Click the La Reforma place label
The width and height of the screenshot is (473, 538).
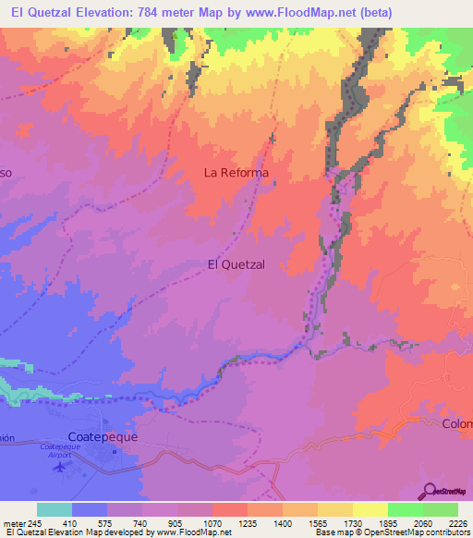coord(236,173)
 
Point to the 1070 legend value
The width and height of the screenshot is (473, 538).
coord(212,522)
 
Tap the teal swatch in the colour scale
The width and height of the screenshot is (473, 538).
coord(55,509)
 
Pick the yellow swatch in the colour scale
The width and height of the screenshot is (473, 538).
coord(370,509)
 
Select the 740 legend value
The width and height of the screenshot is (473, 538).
coord(142,522)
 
